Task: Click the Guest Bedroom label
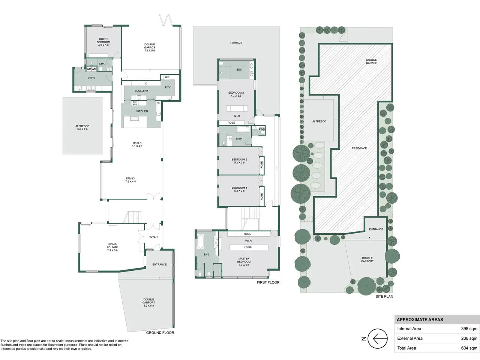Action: (x=103, y=42)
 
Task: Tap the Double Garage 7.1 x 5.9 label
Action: (x=150, y=47)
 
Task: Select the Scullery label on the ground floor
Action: (x=141, y=91)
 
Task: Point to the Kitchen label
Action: (x=142, y=111)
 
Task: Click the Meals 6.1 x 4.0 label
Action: (x=137, y=144)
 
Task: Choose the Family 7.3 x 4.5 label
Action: (x=130, y=180)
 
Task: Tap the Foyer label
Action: (x=153, y=237)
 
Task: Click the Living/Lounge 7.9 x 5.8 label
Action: (x=112, y=247)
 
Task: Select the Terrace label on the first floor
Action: (x=236, y=43)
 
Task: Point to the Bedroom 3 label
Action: (x=240, y=161)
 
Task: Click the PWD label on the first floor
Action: (x=261, y=129)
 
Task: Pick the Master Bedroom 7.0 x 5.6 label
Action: (x=244, y=262)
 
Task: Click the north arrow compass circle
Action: (x=378, y=339)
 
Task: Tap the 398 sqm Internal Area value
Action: (x=469, y=329)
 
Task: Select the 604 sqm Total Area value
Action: (x=469, y=348)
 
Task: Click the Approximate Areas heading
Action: (x=420, y=319)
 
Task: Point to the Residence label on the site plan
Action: (x=359, y=148)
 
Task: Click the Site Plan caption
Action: (x=384, y=297)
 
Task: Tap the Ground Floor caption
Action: (x=160, y=333)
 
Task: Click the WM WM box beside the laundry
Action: (x=91, y=69)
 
